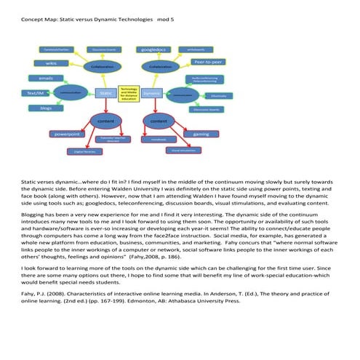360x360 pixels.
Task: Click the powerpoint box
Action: coord(67,134)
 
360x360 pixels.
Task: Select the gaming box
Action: coord(201,134)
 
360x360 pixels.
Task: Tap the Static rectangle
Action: coord(106,93)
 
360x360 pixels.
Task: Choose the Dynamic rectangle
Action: coord(151,93)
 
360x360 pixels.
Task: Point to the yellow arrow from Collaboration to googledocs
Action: coord(156,57)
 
